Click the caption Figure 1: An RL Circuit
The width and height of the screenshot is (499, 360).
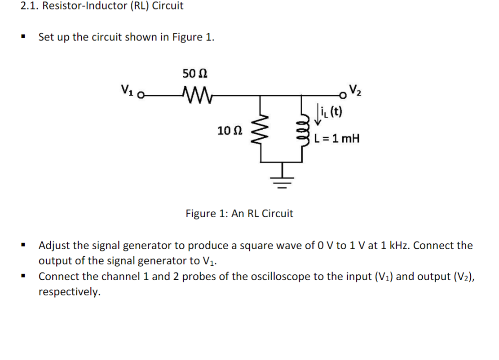tap(239, 214)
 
